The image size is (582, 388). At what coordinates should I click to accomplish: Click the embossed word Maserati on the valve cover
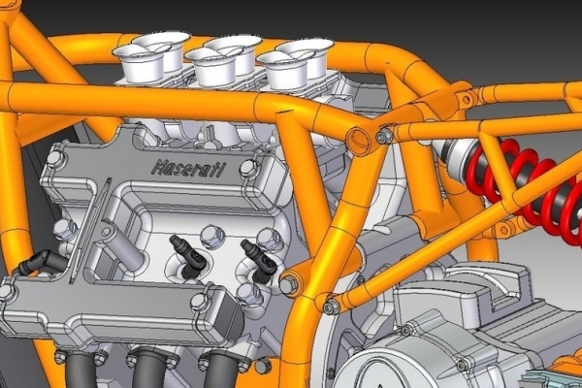pyautogui.click(x=188, y=168)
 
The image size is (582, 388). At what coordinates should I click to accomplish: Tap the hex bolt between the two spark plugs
pyautogui.click(x=212, y=236)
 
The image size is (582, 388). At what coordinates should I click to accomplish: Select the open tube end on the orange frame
pyautogui.click(x=359, y=140)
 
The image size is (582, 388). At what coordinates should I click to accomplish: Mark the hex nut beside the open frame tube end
pyautogui.click(x=384, y=136)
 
